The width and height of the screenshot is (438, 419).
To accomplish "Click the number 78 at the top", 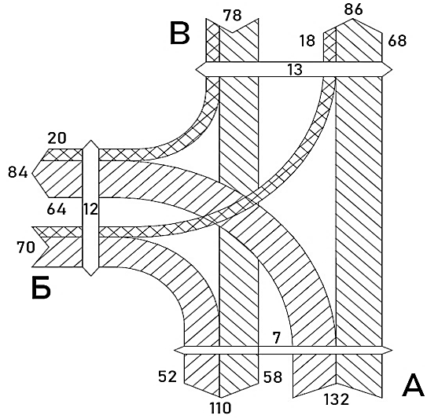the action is coord(233,15).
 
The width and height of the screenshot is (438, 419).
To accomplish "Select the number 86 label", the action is coord(353,9).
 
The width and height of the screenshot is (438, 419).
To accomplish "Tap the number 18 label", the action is coord(307,41).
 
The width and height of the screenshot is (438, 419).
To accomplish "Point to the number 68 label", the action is coord(397,41).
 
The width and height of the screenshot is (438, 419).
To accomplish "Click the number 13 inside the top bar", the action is coord(295,69).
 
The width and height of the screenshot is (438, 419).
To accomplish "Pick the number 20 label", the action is coord(57,138).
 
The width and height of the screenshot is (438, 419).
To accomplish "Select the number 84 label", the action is coord(18,172).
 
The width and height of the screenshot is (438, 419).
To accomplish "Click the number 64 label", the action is coord(57,209).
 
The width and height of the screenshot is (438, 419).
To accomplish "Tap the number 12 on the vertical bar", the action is coord(90,209).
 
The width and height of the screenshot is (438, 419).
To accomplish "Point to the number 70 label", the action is coord(26,247).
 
